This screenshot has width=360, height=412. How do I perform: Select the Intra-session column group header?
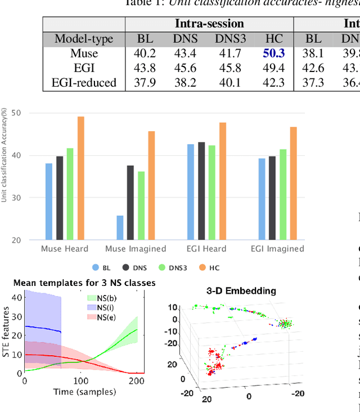click(x=209, y=24)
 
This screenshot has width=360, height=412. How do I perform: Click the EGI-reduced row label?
click(x=84, y=83)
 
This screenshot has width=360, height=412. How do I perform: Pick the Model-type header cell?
click(x=84, y=39)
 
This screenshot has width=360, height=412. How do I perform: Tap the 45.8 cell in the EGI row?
click(x=228, y=68)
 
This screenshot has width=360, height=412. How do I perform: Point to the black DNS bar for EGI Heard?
click(x=201, y=191)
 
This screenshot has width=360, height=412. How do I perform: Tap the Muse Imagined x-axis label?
click(x=136, y=248)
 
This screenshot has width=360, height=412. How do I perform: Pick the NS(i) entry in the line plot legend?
click(x=103, y=307)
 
